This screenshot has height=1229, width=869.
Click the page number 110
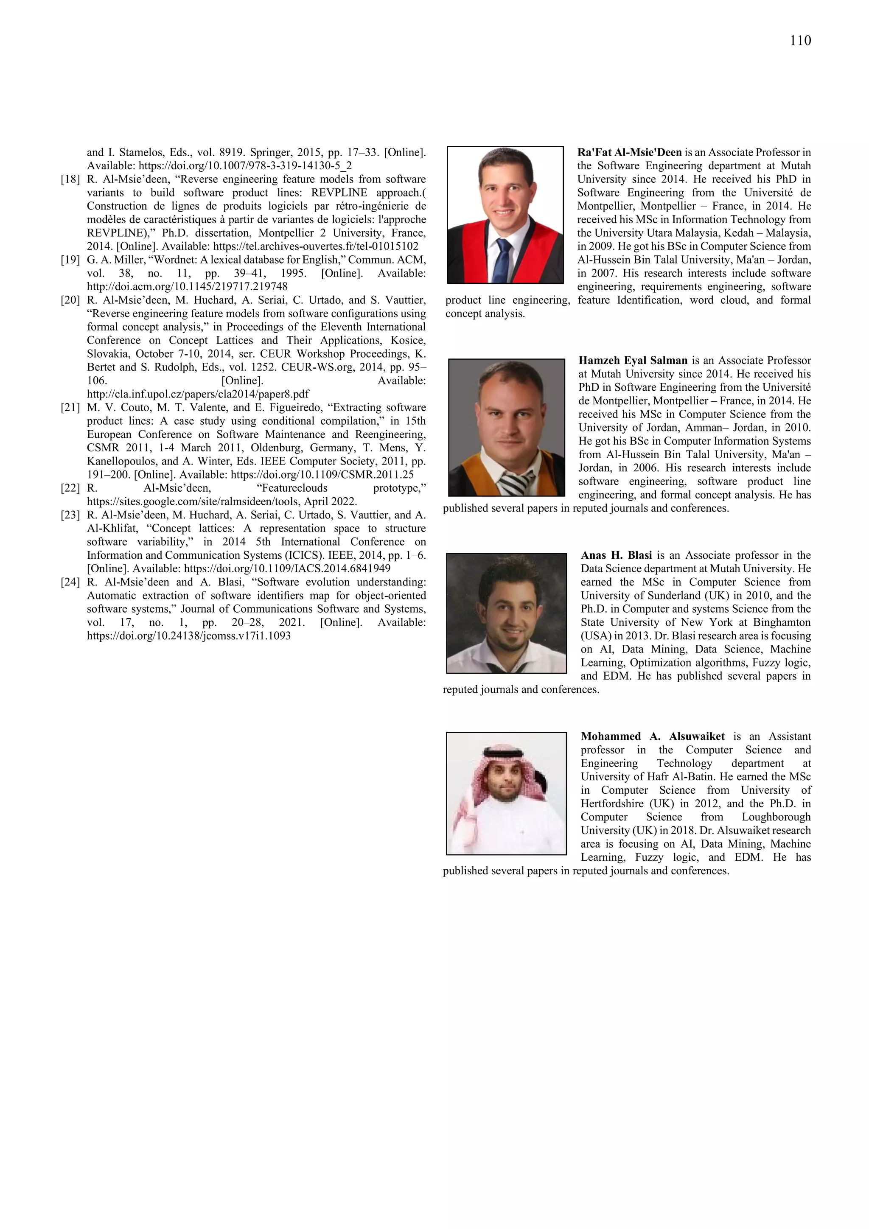tap(800, 41)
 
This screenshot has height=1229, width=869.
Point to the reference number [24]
tap(70, 582)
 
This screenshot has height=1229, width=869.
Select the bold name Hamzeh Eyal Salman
tap(633, 361)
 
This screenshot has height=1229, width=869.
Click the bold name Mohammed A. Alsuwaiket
tap(653, 736)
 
